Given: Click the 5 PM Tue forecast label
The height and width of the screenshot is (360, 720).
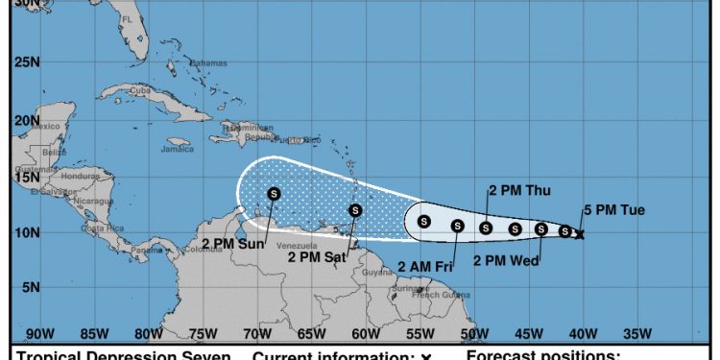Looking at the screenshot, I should point(614,210).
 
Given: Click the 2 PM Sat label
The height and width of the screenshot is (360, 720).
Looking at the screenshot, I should point(316,255).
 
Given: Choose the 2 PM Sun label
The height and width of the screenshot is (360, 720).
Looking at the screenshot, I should point(233,243).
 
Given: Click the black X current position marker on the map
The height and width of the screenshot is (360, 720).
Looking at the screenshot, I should point(579,233).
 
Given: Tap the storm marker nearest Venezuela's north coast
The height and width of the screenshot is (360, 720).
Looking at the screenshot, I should point(274,193).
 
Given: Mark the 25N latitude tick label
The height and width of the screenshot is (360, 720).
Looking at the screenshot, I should point(27,63).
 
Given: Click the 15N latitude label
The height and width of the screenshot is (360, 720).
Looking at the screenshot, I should point(27,176).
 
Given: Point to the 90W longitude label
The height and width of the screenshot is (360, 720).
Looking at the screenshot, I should point(39,334).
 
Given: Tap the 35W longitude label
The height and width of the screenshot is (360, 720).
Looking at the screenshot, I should point(637,334).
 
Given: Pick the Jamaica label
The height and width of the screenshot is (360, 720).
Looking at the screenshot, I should point(178,149).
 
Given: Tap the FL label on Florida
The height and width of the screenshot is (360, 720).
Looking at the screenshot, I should point(126,19).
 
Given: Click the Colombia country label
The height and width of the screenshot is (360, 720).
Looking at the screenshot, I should point(203,249).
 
